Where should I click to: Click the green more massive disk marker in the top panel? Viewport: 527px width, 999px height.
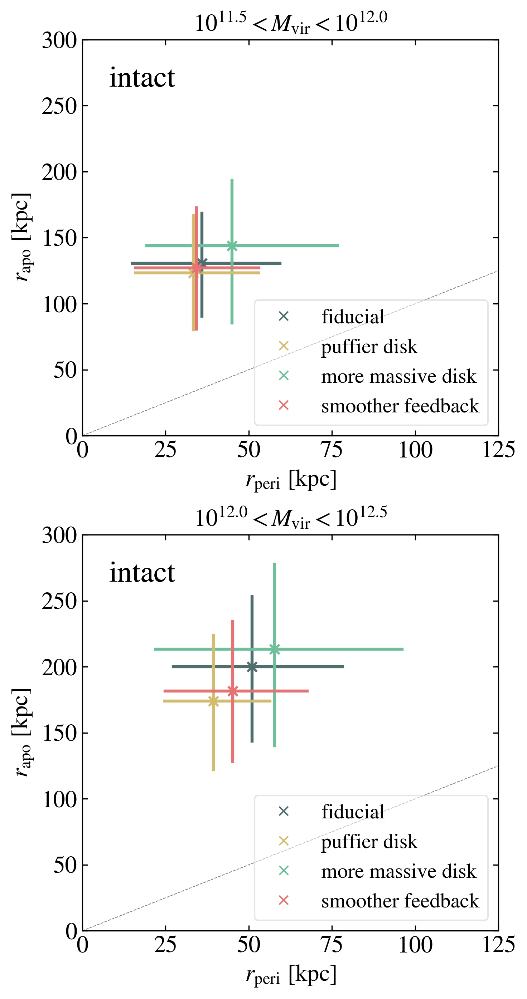pos(232,245)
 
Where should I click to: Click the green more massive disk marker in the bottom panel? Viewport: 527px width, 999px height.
pos(275,649)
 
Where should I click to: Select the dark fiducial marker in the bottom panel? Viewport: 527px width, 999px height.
pos(252,667)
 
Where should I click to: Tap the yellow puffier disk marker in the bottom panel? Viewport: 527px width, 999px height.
pos(213,701)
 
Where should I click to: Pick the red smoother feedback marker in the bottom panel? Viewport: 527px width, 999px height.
pos(233,691)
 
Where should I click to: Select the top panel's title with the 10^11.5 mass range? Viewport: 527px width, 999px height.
pos(291,23)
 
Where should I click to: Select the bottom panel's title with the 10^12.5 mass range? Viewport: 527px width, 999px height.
pos(291,518)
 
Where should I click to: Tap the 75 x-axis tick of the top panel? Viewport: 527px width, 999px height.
pos(332,450)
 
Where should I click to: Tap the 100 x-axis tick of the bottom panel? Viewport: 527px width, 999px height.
pos(415,945)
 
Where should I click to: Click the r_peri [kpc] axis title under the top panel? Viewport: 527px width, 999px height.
pos(291,480)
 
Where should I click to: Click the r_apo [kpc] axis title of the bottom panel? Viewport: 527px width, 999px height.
pos(21,733)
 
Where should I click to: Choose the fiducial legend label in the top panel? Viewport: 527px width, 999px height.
pos(353,317)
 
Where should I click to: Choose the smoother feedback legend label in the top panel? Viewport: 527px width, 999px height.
pos(400,406)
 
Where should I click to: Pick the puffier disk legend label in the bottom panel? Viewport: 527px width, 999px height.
pos(369,842)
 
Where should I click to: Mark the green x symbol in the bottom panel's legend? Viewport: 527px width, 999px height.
pos(284,871)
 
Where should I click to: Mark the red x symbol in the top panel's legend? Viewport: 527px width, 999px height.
pos(284,405)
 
